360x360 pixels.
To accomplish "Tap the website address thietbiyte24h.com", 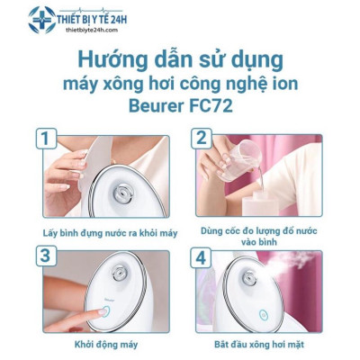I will pos(92,27).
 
